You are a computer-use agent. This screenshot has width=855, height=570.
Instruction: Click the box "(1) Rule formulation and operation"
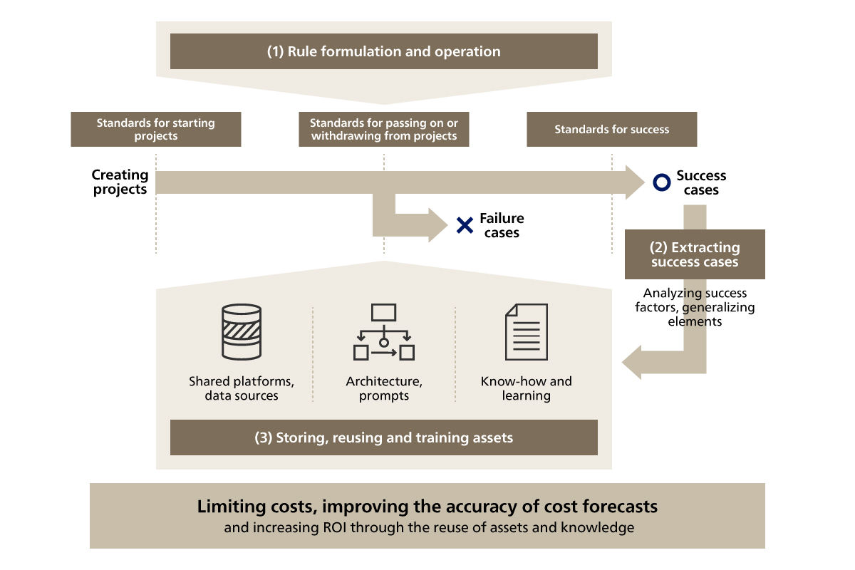click(x=383, y=51)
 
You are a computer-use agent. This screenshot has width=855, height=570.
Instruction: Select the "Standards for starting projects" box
click(x=155, y=129)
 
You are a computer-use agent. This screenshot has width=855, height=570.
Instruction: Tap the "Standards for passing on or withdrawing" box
click(x=383, y=129)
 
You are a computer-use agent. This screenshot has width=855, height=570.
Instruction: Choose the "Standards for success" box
click(x=611, y=129)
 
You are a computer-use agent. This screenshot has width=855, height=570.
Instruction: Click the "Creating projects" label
click(x=120, y=182)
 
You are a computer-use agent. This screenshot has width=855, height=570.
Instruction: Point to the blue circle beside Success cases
click(x=661, y=183)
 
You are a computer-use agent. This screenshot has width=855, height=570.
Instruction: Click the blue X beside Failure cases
click(x=465, y=226)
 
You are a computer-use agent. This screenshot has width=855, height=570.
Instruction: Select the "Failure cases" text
click(x=502, y=226)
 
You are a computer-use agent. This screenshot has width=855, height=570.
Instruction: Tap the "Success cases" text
click(x=701, y=183)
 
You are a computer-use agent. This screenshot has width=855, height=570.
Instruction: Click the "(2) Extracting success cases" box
click(x=695, y=254)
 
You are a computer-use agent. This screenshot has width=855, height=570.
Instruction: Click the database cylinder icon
click(x=242, y=332)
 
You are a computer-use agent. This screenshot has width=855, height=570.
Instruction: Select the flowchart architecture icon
click(x=384, y=332)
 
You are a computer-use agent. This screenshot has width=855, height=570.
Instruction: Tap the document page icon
click(x=526, y=332)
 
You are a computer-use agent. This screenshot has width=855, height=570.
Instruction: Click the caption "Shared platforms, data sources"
click(x=242, y=388)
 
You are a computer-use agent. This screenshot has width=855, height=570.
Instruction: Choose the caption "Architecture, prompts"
click(x=384, y=388)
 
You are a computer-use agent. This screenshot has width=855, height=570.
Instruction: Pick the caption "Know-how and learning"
click(x=526, y=388)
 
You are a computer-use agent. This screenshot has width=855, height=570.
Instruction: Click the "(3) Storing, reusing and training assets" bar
click(x=383, y=437)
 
